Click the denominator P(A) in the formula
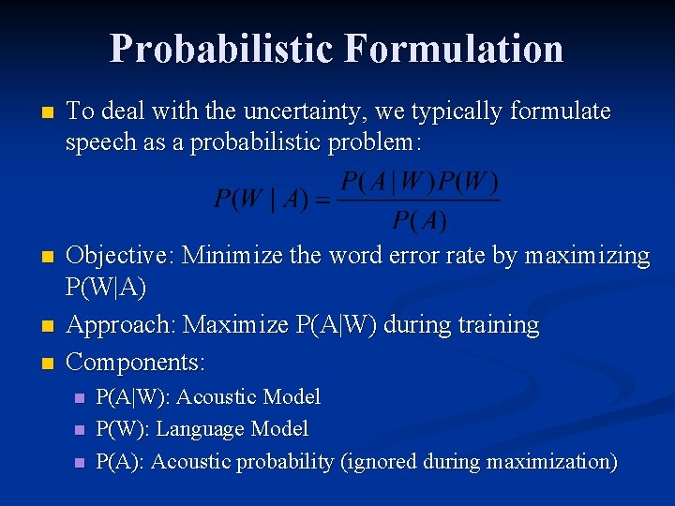(419, 221)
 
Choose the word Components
(135, 362)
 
